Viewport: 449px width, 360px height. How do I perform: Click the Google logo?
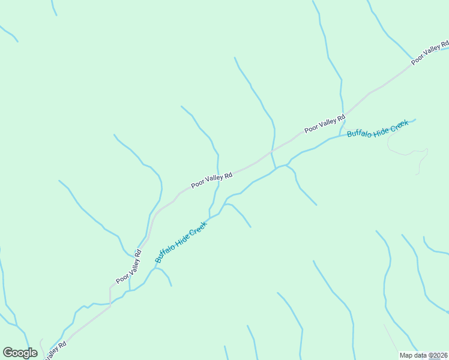20,353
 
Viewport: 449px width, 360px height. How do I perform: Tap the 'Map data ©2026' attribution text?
423,355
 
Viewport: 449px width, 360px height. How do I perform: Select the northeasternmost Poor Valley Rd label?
430,53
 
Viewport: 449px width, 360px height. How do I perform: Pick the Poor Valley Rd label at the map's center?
211,181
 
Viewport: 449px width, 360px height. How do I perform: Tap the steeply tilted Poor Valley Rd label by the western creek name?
128,267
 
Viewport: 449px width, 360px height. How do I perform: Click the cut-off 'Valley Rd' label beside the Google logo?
55,350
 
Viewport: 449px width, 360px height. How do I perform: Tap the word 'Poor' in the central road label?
197,184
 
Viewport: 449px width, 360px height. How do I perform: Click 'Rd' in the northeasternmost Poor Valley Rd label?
444,45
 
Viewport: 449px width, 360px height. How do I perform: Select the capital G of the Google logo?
8,352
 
